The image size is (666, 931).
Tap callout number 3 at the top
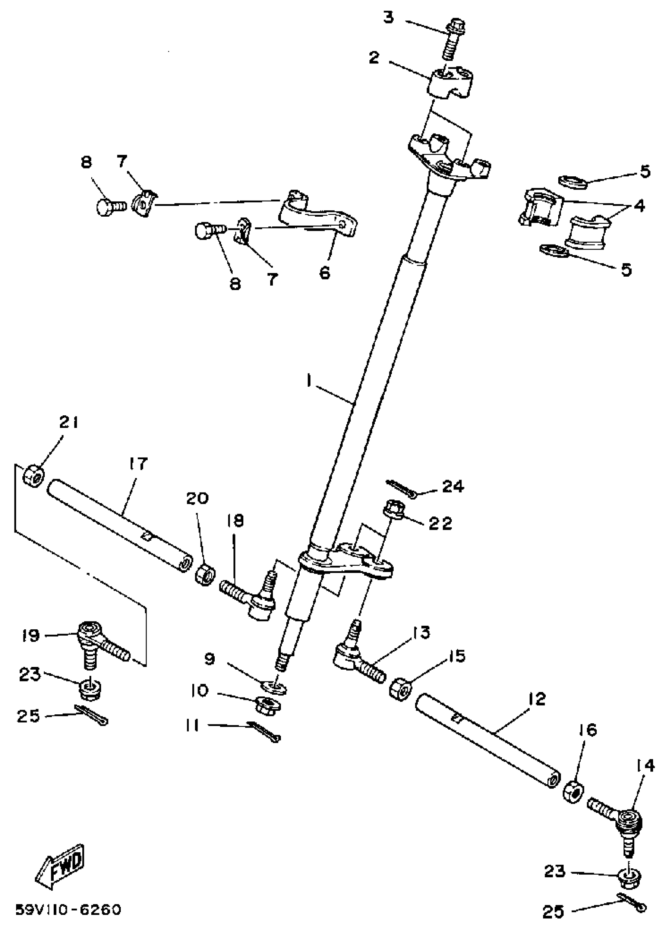[x=388, y=18]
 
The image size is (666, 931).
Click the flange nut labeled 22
[x=393, y=512]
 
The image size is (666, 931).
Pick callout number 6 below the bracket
[x=324, y=272]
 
